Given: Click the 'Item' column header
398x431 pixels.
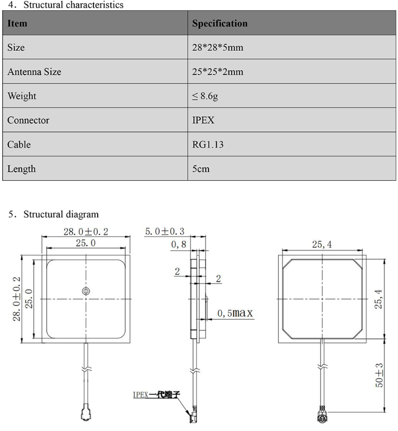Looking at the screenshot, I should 17,23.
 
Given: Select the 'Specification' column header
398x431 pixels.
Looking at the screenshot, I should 220,23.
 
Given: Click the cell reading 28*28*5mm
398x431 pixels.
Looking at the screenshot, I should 218,48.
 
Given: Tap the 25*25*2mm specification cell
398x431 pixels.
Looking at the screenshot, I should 218,72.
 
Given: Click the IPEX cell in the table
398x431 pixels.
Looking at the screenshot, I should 203,120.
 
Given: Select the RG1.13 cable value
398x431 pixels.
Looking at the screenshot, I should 207,145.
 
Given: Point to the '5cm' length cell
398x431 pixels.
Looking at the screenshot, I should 201,169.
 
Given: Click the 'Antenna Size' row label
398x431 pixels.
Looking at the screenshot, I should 34,72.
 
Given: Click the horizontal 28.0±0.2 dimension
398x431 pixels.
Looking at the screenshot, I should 86,232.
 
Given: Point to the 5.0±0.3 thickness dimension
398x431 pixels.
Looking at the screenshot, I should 165,232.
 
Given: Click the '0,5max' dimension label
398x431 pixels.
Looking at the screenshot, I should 235,313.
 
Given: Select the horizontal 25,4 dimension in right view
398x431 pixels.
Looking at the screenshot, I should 323,244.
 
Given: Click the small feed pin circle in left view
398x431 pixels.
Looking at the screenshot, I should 85,291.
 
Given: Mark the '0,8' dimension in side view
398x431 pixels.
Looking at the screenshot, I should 178,244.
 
